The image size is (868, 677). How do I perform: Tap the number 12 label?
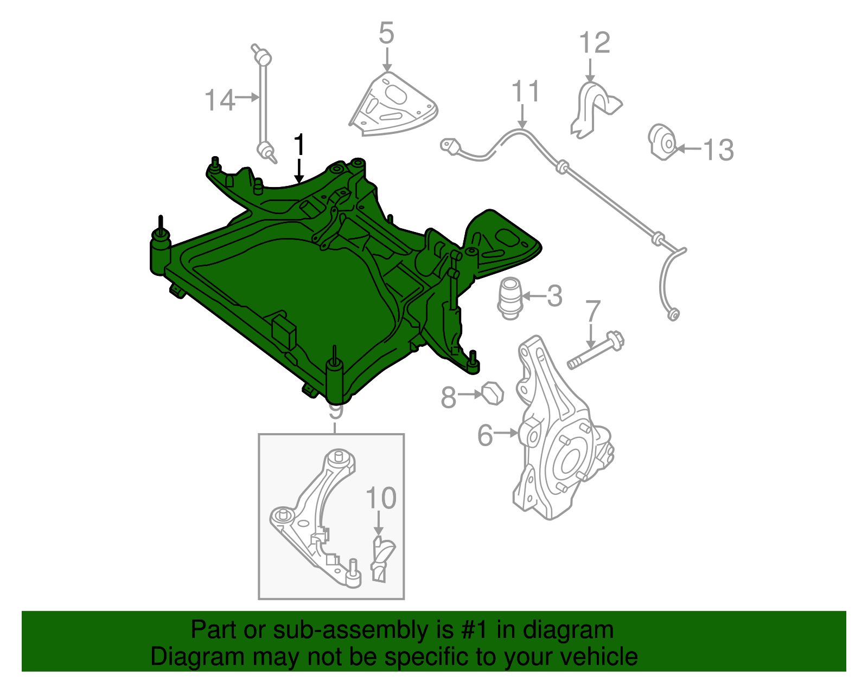click(595, 43)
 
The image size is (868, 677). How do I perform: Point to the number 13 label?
click(718, 150)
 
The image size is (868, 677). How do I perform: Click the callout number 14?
click(220, 100)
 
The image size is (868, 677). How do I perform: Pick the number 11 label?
click(525, 91)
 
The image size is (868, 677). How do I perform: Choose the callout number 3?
click(554, 296)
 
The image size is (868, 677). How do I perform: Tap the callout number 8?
click(448, 397)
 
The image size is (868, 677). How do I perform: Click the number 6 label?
click(486, 435)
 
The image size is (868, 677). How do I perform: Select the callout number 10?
click(381, 498)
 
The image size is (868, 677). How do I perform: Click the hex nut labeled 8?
click(493, 394)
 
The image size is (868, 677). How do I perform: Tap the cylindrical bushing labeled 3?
click(510, 299)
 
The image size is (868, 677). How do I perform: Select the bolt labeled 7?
click(596, 350)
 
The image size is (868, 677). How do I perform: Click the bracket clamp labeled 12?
click(595, 109)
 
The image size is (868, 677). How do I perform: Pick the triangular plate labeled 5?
click(393, 104)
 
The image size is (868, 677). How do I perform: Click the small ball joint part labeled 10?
click(382, 559)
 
